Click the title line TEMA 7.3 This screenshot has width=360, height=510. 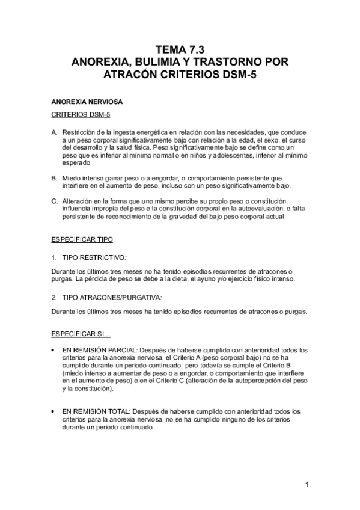pyautogui.click(x=180, y=51)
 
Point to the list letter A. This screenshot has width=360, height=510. pyautogui.click(x=54, y=132)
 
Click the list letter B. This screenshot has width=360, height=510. pyautogui.click(x=54, y=178)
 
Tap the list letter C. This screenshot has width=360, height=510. pyautogui.click(x=54, y=200)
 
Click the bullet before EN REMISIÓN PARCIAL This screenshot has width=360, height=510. pyautogui.click(x=54, y=349)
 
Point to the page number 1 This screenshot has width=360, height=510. pyautogui.click(x=307, y=484)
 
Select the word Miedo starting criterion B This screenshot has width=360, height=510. pyautogui.click(x=72, y=178)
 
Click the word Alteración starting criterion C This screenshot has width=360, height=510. pyautogui.click(x=76, y=200)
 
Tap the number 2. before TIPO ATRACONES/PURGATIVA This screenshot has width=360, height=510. pyautogui.click(x=54, y=297)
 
